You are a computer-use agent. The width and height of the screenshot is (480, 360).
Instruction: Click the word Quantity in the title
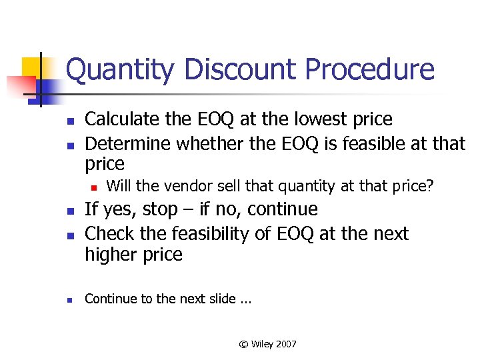pos(117,70)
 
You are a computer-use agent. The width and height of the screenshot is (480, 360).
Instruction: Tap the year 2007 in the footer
pos(285,344)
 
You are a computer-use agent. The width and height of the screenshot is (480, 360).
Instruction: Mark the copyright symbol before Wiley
pos(243,344)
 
